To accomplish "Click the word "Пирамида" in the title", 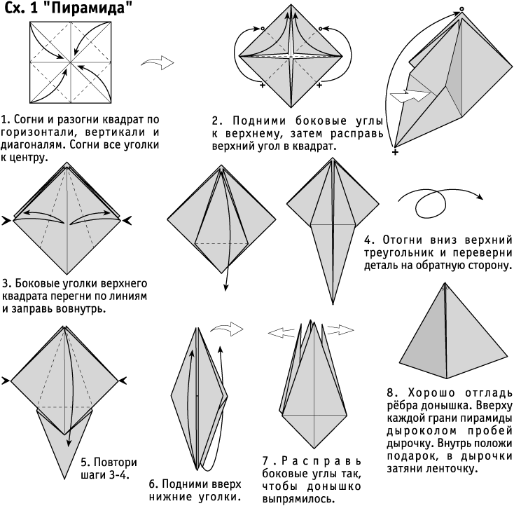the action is tap(89, 8).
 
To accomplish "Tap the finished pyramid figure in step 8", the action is tap(454, 331).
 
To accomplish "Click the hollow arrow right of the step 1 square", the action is tap(158, 62).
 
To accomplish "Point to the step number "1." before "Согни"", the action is tap(6, 119).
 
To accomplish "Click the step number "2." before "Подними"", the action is tap(217, 121).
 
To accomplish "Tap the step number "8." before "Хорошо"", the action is tap(392, 392).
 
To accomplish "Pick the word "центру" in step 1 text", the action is tap(27, 158).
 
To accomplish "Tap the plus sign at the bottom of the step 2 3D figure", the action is tap(395, 152).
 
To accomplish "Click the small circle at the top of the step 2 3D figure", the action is tap(461, 9).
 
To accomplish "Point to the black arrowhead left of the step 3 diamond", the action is tap(6, 221).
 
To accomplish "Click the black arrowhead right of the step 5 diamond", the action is tap(123, 381).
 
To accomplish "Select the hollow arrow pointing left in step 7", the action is tap(281, 333).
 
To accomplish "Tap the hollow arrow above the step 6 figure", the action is tap(227, 329).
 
